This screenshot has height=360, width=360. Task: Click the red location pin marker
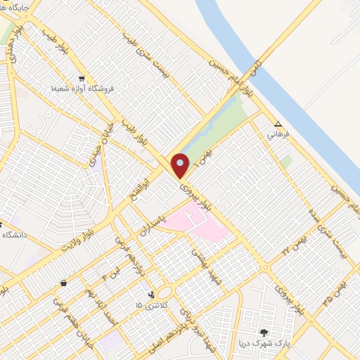point(180,165)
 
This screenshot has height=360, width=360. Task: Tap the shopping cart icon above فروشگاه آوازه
point(82,78)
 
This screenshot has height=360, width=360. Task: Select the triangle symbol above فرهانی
point(278,122)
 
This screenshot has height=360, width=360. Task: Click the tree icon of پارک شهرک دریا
point(264,332)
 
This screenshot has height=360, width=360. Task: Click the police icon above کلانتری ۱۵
point(153,295)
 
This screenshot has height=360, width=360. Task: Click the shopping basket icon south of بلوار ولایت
point(64,283)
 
